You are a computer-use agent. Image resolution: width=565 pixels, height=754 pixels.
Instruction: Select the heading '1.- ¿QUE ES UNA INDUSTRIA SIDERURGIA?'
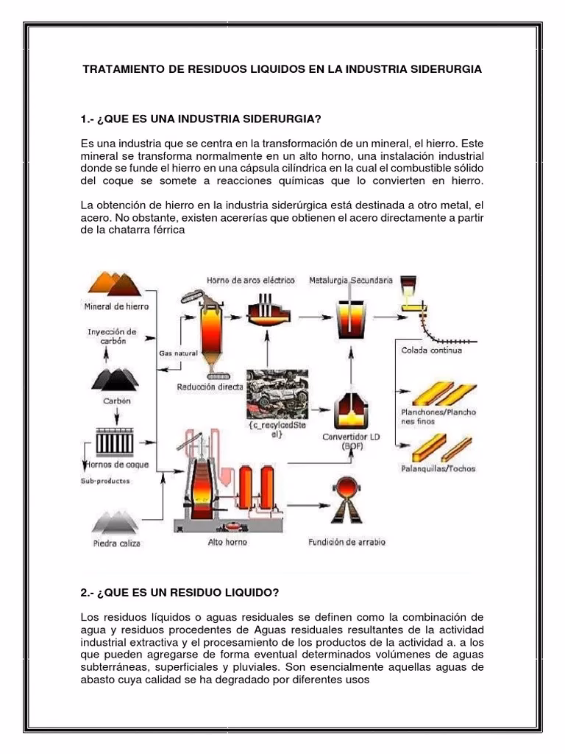(201, 119)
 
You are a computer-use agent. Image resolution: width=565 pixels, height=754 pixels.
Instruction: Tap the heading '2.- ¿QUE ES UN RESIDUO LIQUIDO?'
(180, 592)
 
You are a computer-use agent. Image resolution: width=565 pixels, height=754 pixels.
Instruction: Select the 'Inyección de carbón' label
(112, 337)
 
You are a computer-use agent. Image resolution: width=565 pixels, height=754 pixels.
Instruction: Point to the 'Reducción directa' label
(210, 387)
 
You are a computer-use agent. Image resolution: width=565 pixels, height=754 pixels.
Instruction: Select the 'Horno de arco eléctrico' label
(250, 281)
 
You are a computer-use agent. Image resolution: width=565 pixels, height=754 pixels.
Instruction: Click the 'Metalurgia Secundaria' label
(351, 281)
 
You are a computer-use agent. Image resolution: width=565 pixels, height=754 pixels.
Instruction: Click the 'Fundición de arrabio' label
(346, 543)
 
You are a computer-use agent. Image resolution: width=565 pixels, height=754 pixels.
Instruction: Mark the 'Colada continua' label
(431, 350)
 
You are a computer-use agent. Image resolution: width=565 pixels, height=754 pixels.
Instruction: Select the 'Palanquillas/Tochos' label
(438, 468)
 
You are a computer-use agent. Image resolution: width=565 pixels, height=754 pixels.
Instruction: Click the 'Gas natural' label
(178, 353)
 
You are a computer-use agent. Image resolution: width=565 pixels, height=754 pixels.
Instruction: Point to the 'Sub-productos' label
(105, 481)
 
